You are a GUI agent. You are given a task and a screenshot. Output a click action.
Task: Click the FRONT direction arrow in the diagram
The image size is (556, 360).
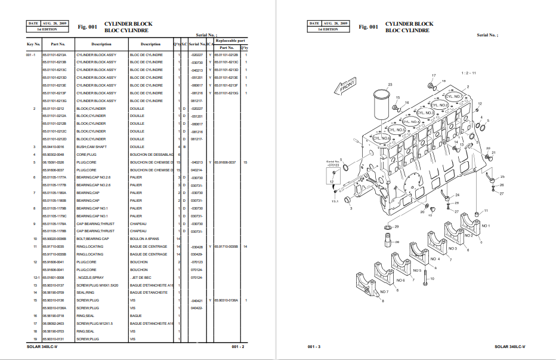coord(347,88)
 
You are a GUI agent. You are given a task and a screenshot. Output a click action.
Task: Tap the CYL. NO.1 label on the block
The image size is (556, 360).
coord(455,96)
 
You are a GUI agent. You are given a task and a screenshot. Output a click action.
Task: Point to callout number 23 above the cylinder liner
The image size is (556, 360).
coord(390,85)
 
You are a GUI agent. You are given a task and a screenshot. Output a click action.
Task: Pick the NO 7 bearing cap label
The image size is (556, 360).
coord(384,291)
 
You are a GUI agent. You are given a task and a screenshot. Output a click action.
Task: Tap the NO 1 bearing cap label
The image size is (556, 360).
coord(485,226)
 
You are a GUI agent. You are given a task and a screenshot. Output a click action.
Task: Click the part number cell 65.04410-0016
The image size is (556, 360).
coord(53,146)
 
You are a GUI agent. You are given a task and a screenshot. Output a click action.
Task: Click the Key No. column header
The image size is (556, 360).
coord(33,44)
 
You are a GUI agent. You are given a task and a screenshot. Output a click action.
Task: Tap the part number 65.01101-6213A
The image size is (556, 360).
coord(54,54)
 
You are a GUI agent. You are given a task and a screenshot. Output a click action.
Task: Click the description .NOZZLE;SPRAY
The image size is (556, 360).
coord(89,277)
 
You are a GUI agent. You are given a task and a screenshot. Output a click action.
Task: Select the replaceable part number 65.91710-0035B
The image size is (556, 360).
coord(226,247)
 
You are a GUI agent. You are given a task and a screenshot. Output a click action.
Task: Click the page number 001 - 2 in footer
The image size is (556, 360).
coord(238,347)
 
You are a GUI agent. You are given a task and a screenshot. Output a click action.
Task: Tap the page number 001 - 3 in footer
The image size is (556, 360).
coord(314,347)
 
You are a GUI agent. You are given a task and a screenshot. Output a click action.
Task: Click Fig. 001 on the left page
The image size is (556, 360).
coord(87,27)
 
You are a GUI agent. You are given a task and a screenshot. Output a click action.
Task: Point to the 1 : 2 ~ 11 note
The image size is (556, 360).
coord(469,73)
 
